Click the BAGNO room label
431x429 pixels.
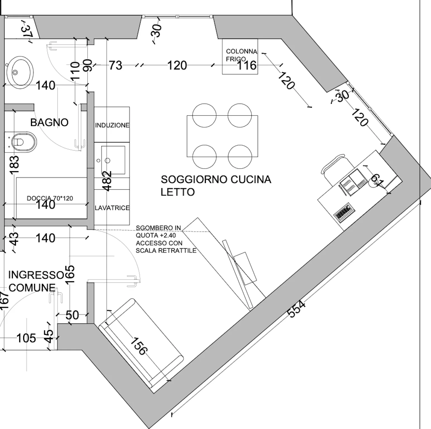coord(49,123)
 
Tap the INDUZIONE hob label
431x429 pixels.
coord(112,125)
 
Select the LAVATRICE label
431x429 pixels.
coord(112,208)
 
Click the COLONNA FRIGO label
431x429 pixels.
coord(242,55)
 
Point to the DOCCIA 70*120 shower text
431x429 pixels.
coord(50,198)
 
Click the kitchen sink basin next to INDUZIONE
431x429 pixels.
coord(113,160)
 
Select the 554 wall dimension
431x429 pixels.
coord(296,309)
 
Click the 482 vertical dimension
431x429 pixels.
coord(108,181)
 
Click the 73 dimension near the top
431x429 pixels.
coord(115,65)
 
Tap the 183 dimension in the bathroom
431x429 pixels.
coord(15,165)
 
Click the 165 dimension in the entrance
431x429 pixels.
coord(70,274)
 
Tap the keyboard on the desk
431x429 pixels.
coord(344,213)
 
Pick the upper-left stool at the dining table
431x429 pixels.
coord(204,115)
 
